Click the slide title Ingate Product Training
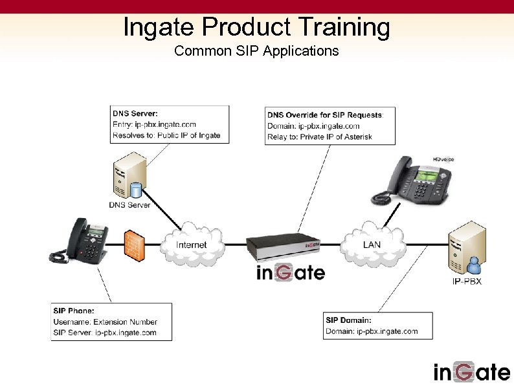[256, 27]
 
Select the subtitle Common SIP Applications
[256, 50]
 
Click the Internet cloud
[192, 245]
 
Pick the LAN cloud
[372, 245]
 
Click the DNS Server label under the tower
[129, 205]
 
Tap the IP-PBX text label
[466, 281]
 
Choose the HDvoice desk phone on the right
[410, 179]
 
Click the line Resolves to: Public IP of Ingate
[166, 135]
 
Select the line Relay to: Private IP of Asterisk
[320, 137]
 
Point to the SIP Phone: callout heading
[74, 311]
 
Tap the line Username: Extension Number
[105, 322]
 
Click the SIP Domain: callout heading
[348, 320]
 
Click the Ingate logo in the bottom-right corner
[471, 371]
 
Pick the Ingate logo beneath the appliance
[291, 273]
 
